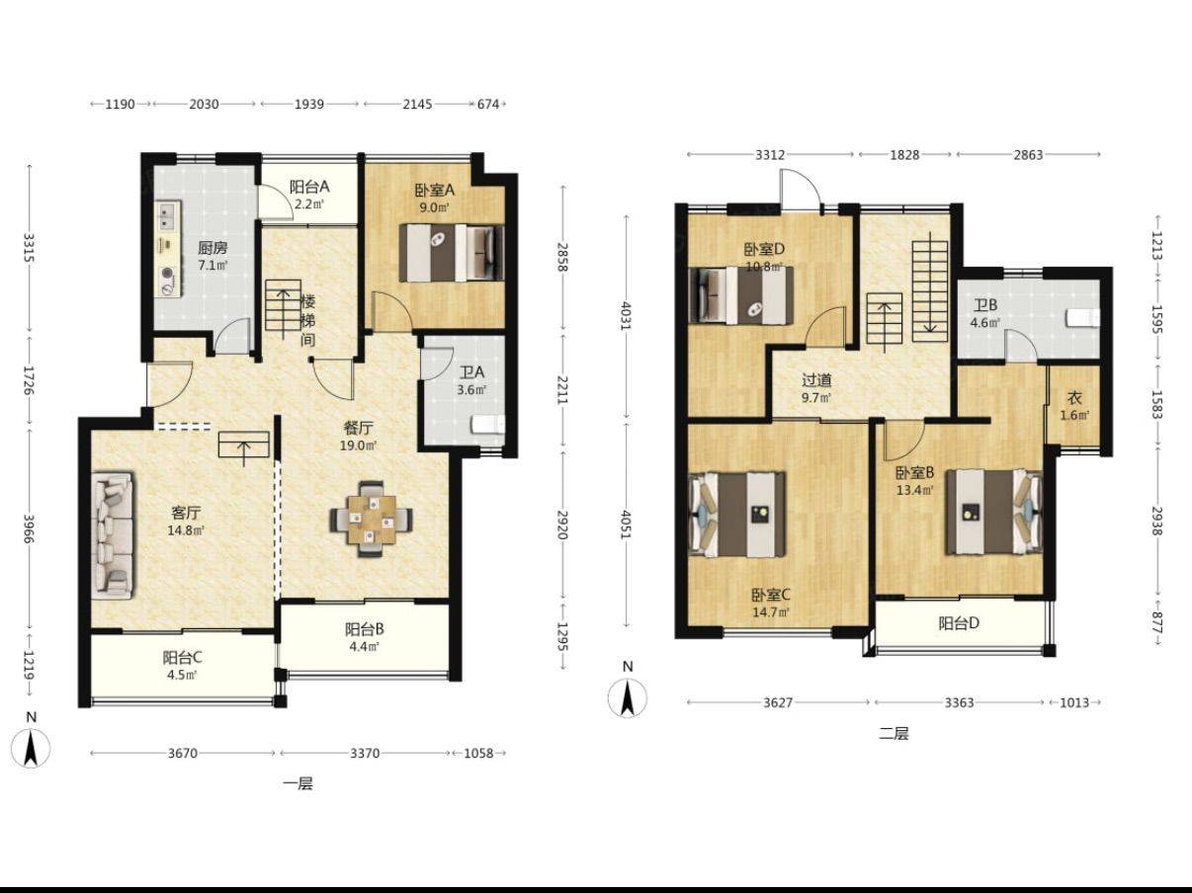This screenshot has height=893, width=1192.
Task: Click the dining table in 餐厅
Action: [372, 519]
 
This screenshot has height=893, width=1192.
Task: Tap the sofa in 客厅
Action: [113, 535]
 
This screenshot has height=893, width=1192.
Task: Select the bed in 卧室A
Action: [452, 253]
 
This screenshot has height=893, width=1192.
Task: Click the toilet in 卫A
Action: [487, 424]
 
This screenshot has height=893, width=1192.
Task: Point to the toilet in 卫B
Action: [1083, 318]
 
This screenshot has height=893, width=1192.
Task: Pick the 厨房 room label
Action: [213, 249]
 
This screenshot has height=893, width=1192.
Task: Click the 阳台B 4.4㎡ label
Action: [365, 637]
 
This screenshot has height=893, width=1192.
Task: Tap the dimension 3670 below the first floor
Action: [183, 753]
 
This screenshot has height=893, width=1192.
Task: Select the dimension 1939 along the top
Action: [309, 104]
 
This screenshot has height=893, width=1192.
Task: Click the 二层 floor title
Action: [894, 734]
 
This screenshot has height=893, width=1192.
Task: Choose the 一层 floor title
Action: [298, 784]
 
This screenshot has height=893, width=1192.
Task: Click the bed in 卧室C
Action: [737, 515]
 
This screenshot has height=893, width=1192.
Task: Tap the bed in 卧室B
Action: [993, 512]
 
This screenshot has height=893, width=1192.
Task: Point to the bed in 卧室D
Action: [741, 295]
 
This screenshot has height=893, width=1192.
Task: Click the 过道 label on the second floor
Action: [816, 379]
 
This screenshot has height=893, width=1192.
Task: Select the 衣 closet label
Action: [1074, 398]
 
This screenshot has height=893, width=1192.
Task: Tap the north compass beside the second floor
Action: [628, 698]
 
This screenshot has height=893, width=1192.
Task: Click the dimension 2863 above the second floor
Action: [1028, 155]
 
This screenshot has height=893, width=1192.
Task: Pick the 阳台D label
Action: [959, 623]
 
